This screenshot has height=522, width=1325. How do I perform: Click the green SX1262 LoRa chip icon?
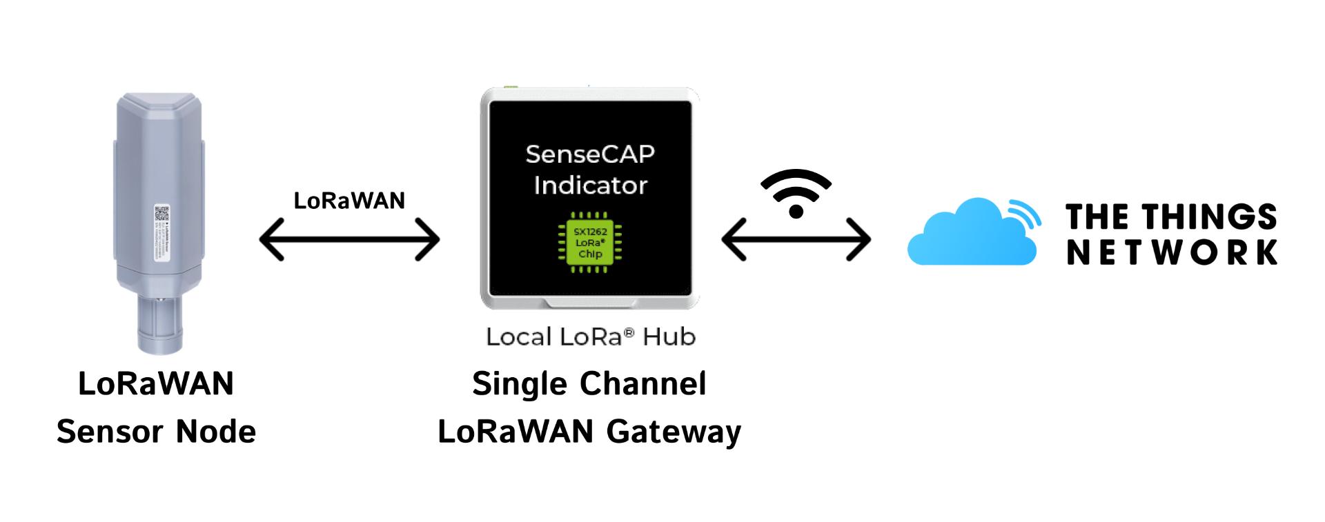point(590,243)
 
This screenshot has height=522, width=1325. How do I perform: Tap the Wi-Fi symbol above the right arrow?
point(796,193)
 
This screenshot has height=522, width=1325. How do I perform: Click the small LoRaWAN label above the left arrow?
point(349,201)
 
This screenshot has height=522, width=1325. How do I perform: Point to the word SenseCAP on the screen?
point(590,154)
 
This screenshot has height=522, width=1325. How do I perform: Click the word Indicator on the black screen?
point(590,185)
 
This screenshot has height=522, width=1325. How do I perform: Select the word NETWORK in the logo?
point(1172,252)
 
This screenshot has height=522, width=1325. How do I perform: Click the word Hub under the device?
point(669,337)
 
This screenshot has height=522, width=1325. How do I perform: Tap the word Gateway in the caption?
point(674,432)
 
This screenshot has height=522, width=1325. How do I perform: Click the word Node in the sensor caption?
point(216,432)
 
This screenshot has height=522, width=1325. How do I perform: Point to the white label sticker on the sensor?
point(160,232)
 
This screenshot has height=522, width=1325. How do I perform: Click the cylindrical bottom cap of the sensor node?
point(159,324)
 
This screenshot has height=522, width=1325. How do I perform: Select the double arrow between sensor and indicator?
point(349,239)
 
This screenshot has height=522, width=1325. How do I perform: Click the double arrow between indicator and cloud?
point(796,239)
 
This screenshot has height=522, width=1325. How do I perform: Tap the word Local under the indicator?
point(519,337)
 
